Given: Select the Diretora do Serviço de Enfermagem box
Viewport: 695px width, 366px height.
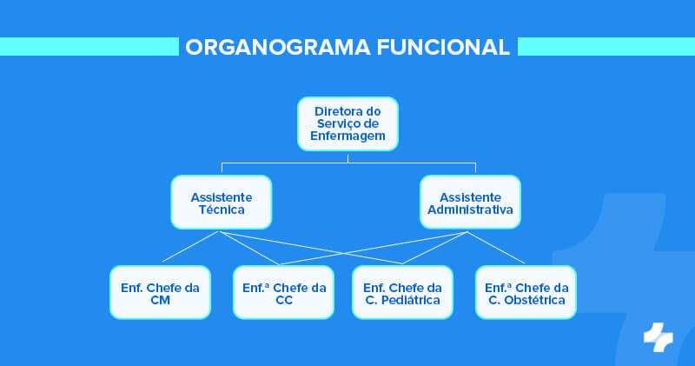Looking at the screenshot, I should (x=347, y=124).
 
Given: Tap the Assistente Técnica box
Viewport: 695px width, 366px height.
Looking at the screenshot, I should (x=221, y=203).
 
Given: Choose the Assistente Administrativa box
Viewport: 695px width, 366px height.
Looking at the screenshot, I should (x=470, y=203).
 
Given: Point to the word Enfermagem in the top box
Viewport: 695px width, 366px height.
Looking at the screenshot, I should (x=347, y=136).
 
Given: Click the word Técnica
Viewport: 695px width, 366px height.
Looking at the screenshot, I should (x=221, y=210).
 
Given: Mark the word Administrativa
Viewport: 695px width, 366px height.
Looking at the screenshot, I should (x=470, y=210).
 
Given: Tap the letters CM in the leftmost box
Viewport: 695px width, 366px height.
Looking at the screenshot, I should (x=160, y=301).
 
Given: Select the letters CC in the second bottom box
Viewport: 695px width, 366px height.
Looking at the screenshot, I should (x=284, y=301).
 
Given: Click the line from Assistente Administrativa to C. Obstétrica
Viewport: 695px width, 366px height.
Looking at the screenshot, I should (x=498, y=247).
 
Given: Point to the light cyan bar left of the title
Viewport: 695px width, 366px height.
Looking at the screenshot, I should (x=87, y=46).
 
